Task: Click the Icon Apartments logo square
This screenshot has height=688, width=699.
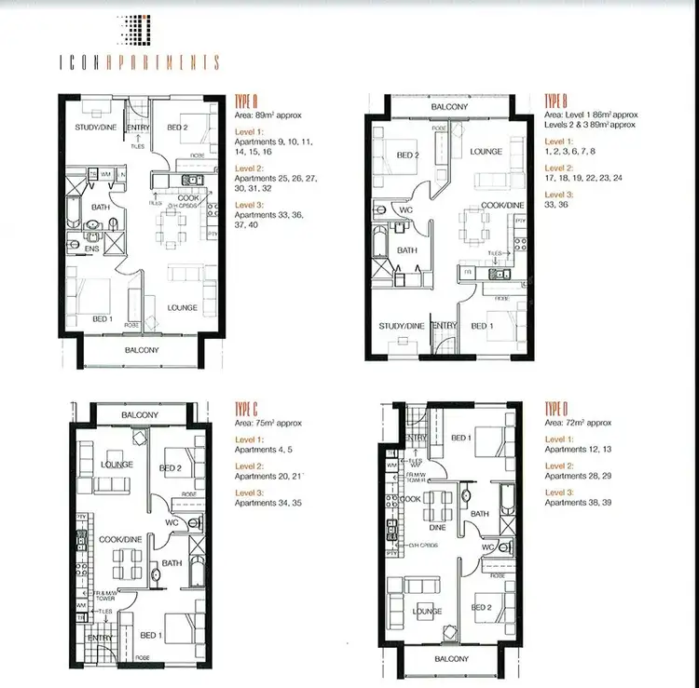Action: coord(137,29)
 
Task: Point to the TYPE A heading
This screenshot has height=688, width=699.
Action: coord(247,101)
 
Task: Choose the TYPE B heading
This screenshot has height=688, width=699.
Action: coord(556,100)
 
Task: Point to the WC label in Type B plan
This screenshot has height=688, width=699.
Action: coord(406,210)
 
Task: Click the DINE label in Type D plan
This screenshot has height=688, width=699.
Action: coord(437,527)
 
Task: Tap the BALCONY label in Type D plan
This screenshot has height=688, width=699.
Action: coord(450,659)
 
